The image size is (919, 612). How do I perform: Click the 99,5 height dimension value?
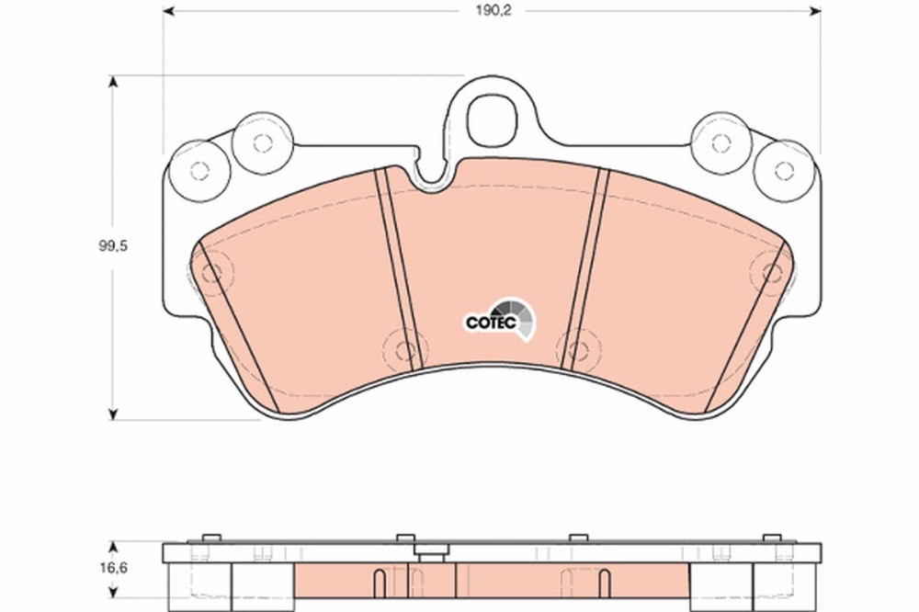click(x=112, y=246)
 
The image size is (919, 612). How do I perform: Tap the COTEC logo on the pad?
click(x=500, y=319)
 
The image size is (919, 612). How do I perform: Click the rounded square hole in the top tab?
click(x=493, y=120)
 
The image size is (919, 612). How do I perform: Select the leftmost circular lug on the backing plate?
click(x=199, y=171)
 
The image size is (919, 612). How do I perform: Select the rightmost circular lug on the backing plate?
click(x=784, y=171)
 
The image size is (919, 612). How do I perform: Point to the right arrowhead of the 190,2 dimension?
click(x=814, y=11)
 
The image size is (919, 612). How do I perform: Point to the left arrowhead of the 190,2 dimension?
click(x=169, y=11)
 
